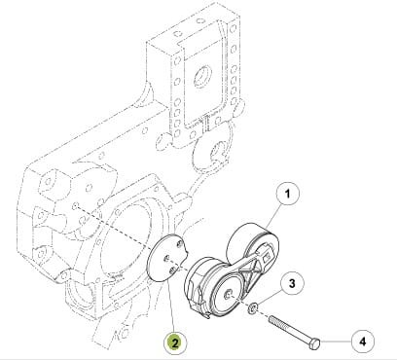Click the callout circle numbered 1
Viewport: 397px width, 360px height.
[x=287, y=194]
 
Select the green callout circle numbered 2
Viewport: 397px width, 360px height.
[x=175, y=343]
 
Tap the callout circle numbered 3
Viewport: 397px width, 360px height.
[x=292, y=283]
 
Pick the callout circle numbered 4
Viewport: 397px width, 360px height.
[x=363, y=341]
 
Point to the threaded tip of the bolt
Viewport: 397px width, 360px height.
[x=271, y=319]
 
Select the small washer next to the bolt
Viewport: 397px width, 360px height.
[x=252, y=307]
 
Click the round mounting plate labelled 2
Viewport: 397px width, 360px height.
[x=166, y=257]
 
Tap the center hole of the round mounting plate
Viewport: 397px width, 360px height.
[x=166, y=258]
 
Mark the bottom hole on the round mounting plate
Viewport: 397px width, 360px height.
[x=172, y=270]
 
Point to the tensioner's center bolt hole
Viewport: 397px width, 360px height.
[x=229, y=294]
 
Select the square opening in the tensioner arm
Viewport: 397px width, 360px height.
[x=267, y=257]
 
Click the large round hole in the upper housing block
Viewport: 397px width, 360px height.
[x=202, y=76]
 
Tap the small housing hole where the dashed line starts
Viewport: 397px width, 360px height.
[x=76, y=205]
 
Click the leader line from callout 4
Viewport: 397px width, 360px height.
[x=336, y=342]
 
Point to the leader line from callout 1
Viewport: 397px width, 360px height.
[x=271, y=217]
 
